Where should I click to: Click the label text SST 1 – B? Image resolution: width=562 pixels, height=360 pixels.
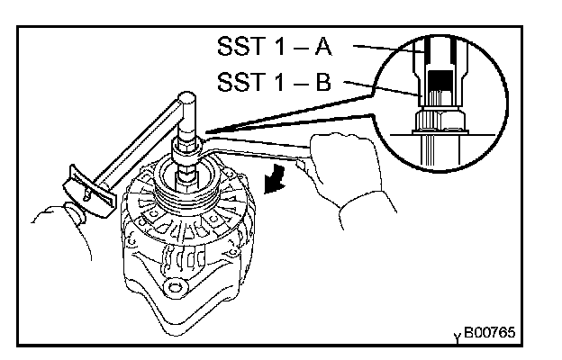pos(278,83)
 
